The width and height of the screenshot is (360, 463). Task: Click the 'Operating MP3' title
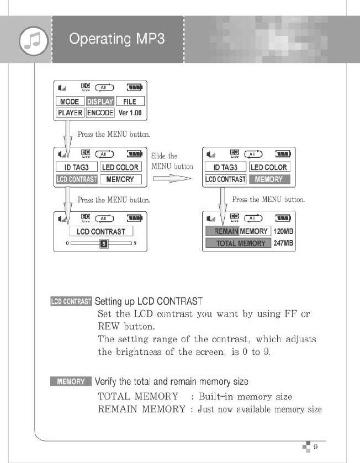coord(117,39)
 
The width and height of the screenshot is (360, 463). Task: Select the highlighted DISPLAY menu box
coord(100,102)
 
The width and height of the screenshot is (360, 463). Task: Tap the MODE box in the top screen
coord(70,102)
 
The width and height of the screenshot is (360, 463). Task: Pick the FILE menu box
coord(129,102)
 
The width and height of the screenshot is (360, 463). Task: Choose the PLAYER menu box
coord(70,113)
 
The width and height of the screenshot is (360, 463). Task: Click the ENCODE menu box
coord(100,113)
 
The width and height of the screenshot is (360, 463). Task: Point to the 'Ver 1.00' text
coord(130,113)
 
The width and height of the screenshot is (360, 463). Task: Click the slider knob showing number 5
coord(102,243)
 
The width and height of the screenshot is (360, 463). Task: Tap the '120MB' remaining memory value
coord(282,232)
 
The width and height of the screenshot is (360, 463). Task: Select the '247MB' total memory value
coord(282,243)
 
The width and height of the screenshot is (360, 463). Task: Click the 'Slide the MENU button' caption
coord(172,161)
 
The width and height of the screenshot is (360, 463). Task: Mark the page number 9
coord(315,447)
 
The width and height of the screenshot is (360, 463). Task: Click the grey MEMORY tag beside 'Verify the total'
coord(71,381)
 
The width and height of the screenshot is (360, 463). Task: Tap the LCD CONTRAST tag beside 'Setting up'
coord(71,302)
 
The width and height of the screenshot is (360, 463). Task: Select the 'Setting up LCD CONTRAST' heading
coord(149,302)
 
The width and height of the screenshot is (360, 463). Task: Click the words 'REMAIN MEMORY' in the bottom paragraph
coord(141,409)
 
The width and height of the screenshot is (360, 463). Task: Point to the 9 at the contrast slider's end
coord(135,243)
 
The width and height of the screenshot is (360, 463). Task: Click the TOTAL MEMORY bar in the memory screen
coord(237,243)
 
